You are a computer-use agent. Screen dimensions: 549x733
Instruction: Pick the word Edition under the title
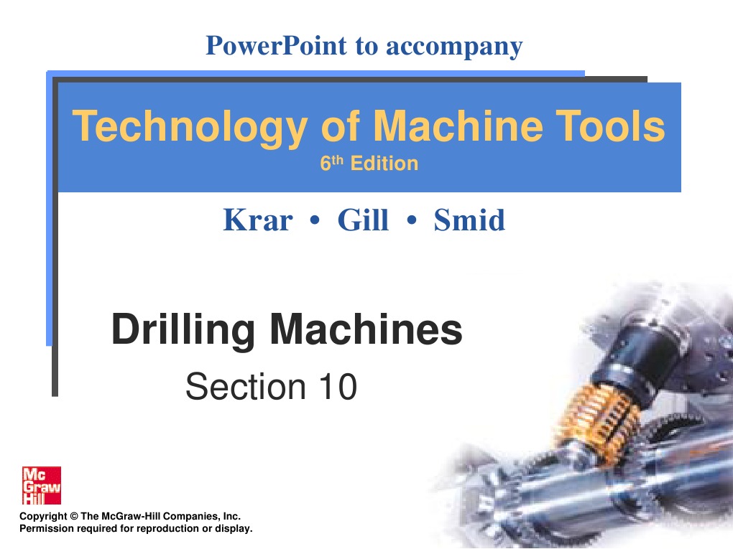tap(384, 164)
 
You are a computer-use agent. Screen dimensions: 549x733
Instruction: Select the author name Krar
tap(257, 220)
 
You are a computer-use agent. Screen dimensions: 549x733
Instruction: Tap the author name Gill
tap(363, 220)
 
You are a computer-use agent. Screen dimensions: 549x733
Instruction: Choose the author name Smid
tap(469, 220)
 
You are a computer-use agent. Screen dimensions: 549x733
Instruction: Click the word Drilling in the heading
tap(183, 329)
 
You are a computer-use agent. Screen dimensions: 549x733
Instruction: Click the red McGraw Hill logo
tap(42, 486)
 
